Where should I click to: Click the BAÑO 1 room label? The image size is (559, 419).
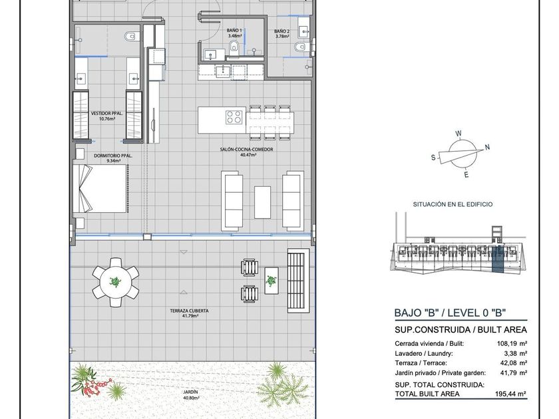click(x=234, y=31)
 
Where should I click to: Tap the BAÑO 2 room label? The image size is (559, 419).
click(x=281, y=31)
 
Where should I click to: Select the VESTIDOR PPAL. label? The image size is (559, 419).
click(x=107, y=114)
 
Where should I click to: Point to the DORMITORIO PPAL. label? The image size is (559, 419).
click(x=113, y=156)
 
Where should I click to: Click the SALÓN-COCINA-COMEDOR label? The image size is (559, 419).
click(x=246, y=150)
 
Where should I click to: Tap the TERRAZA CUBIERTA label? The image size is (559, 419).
click(x=189, y=311)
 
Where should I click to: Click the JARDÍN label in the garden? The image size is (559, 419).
click(x=191, y=392)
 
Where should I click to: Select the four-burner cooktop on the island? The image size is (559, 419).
click(x=234, y=117)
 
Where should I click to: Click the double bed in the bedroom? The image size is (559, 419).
click(x=100, y=188)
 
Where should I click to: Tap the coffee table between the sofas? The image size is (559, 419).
click(x=262, y=202)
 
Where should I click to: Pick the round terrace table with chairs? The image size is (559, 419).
click(x=115, y=282)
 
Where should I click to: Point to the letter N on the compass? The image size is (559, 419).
click(x=487, y=147)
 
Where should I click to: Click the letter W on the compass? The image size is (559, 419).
click(x=459, y=134)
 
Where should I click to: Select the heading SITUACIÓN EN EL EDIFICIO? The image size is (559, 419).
click(x=453, y=205)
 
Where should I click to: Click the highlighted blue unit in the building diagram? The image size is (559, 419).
click(x=498, y=259)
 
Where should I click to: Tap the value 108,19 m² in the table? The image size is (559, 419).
click(x=512, y=344)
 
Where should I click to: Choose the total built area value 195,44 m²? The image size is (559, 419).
click(x=511, y=394)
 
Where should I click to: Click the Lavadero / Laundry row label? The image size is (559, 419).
click(x=424, y=354)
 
